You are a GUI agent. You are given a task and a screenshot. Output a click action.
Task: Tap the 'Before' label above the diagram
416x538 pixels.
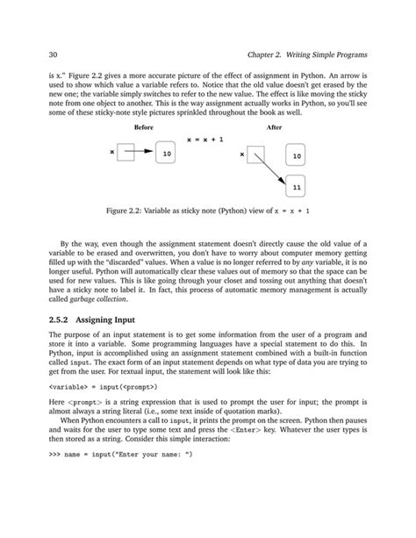pos(141,127)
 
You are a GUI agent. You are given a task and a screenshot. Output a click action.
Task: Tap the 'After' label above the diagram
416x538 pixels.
pos(274,127)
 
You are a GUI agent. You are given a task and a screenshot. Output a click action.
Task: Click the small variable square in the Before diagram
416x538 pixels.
pos(126,154)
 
